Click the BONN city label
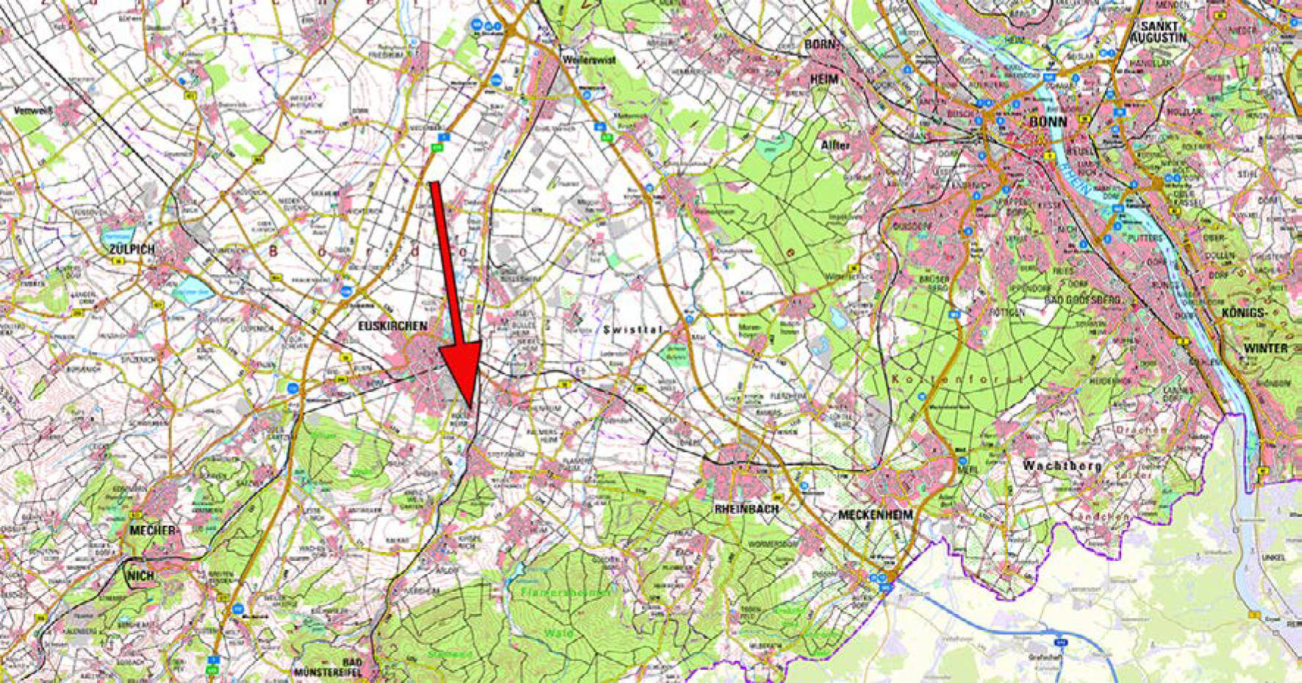[x=1048, y=121]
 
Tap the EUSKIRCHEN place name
[x=392, y=325]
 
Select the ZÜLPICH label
[x=132, y=249]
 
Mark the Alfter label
[x=836, y=146]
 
